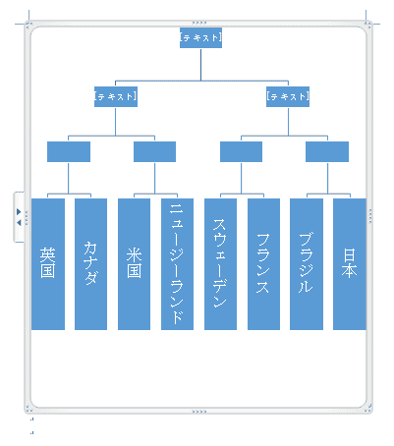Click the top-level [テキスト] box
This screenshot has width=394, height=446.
(200, 37)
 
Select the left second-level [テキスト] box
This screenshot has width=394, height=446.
(116, 96)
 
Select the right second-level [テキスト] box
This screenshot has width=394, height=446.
(288, 96)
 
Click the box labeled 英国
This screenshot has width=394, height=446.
(48, 264)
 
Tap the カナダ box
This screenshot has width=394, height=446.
(90, 264)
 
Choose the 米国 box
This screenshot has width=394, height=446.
(134, 264)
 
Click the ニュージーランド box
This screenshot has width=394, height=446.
(177, 264)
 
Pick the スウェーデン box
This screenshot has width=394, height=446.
(220, 264)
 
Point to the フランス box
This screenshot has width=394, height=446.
(263, 264)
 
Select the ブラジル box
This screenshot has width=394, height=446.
(307, 264)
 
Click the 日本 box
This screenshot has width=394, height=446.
(350, 264)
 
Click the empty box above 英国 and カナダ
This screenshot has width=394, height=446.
(69, 151)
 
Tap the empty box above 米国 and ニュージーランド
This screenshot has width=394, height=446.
(154, 151)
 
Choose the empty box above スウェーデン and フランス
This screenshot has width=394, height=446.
(241, 151)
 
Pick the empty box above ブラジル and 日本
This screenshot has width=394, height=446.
(327, 151)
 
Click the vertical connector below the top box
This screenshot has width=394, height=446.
(200, 64)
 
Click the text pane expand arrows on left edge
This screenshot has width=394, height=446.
(19, 217)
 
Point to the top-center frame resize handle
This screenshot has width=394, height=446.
(199, 23)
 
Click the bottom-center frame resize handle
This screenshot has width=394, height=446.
(199, 412)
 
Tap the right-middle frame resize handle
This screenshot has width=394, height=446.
(370, 216)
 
